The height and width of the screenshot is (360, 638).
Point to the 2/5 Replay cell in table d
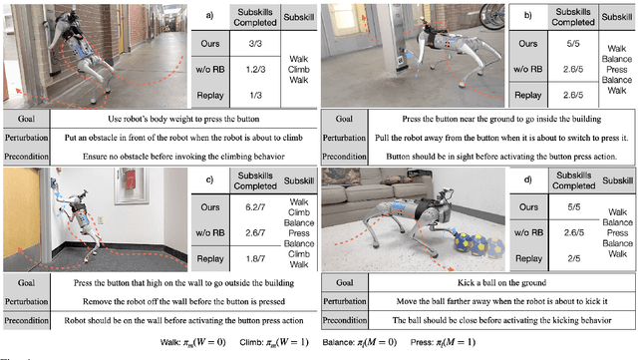546,257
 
